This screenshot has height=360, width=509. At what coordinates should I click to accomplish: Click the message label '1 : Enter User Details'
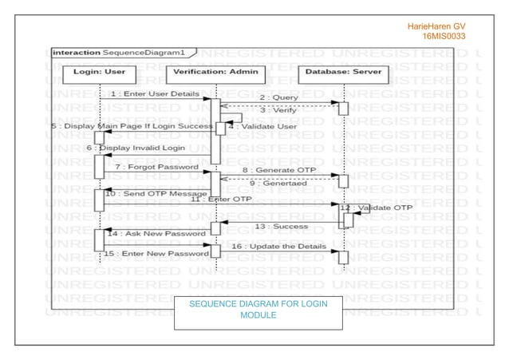156,93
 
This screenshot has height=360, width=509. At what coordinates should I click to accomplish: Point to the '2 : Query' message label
278,97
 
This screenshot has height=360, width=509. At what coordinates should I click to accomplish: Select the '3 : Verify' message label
278,110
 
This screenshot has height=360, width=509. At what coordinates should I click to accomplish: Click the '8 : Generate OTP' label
274,170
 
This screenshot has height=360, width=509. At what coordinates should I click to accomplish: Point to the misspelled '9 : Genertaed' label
275,184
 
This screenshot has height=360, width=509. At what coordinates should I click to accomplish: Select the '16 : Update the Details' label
278,247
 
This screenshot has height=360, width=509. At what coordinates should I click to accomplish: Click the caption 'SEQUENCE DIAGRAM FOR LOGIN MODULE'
258,310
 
